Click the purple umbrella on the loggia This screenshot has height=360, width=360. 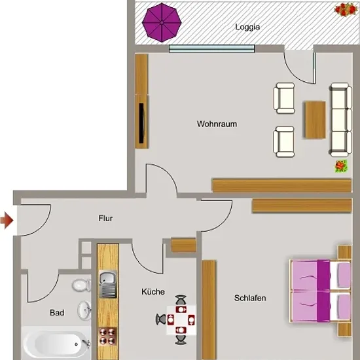click(x=162, y=22)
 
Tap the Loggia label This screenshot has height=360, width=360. click(x=247, y=27)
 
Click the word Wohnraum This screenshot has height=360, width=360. click(x=217, y=124)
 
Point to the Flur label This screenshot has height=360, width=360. click(x=105, y=219)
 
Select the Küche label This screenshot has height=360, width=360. click(x=153, y=291)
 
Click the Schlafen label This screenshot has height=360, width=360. click(x=250, y=298)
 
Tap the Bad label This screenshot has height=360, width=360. click(x=57, y=312)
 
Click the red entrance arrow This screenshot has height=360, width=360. click(x=7, y=221)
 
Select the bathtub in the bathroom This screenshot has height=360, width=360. click(x=56, y=343)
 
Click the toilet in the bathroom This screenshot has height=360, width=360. click(x=82, y=285)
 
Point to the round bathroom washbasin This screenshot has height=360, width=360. click(x=84, y=310)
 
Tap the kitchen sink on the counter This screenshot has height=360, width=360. click(x=108, y=284)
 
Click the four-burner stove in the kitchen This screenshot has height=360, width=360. click(x=107, y=336)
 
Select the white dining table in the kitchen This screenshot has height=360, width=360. click(x=181, y=320)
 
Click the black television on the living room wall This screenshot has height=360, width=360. click(x=141, y=123)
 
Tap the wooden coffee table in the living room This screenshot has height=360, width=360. click(x=315, y=120)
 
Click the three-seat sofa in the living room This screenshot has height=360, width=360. click(x=341, y=120)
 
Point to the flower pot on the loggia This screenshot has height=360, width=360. click(x=346, y=9)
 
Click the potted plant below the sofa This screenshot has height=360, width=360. click(x=341, y=166)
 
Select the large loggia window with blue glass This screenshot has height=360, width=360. click(x=211, y=48)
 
